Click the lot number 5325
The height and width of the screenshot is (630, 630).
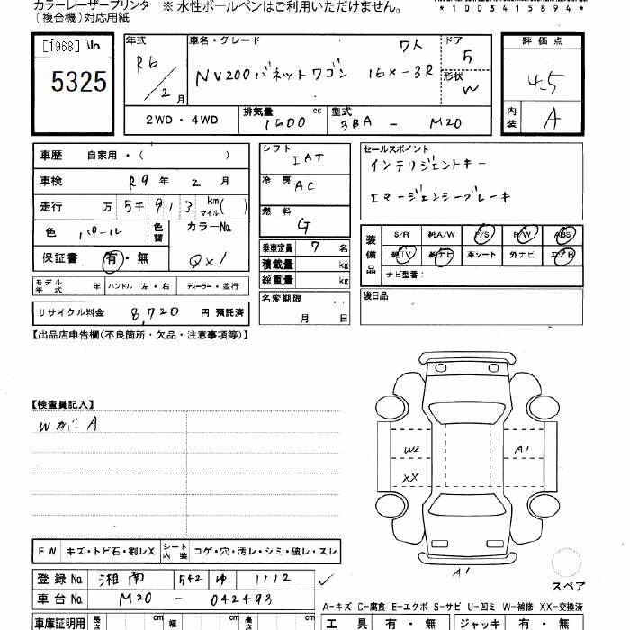[x=80, y=84]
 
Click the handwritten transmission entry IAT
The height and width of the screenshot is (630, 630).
[x=308, y=159]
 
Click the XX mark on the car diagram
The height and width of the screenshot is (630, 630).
[x=412, y=477]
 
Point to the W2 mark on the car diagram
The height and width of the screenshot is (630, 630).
[x=411, y=449]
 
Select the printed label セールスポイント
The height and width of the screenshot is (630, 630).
[x=396, y=148]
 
